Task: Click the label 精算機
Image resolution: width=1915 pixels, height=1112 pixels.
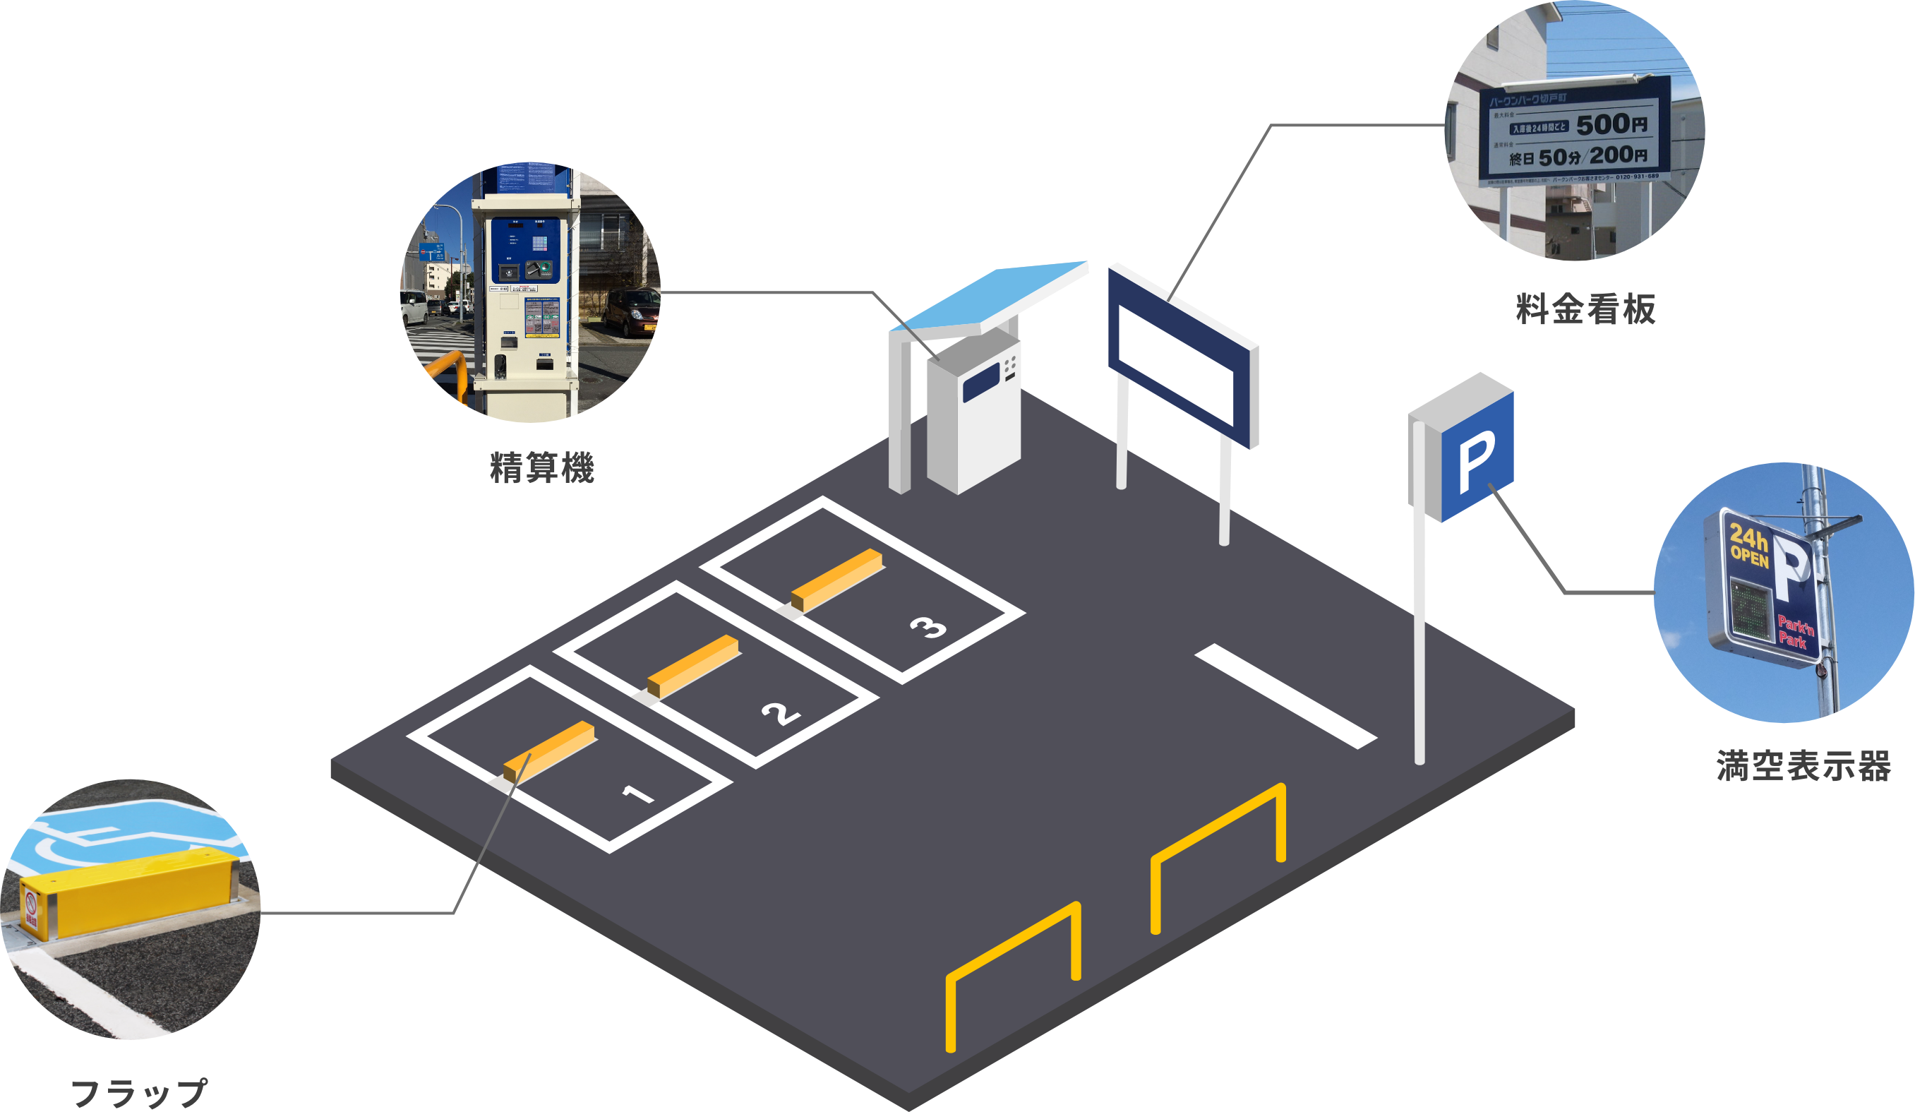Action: click(541, 467)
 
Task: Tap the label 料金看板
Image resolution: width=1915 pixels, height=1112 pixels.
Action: click(1585, 309)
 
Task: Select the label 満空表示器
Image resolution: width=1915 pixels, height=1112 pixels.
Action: click(1803, 765)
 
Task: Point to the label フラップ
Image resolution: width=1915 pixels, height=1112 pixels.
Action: click(138, 1093)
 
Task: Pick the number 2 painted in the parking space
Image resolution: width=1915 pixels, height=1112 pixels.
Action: click(781, 713)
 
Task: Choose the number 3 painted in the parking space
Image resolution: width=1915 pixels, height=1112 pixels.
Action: click(929, 627)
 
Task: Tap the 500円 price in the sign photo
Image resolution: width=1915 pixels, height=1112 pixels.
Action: click(1611, 124)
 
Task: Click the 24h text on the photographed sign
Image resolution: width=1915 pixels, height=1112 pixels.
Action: click(1748, 537)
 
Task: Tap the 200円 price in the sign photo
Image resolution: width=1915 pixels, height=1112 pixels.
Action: click(1619, 156)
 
